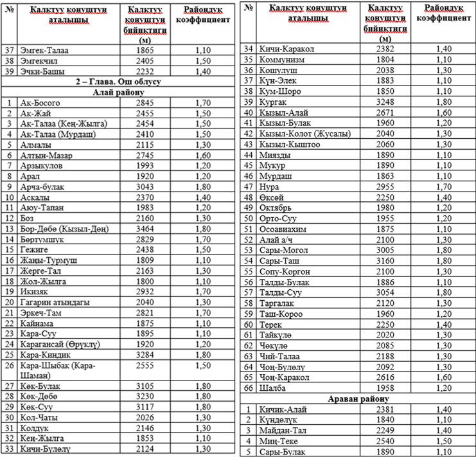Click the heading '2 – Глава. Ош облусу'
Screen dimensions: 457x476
(x=118, y=82)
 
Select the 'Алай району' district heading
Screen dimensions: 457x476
(x=118, y=92)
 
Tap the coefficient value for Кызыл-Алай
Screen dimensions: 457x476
(x=446, y=111)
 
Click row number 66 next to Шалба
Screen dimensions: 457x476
(x=249, y=388)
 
